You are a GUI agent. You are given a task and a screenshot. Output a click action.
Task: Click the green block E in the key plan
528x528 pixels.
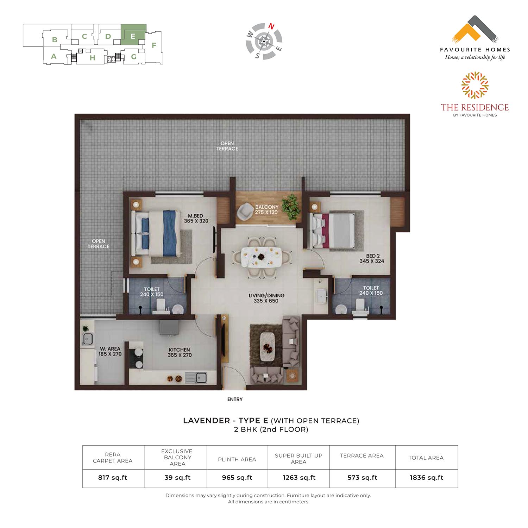pyautogui.click(x=133, y=34)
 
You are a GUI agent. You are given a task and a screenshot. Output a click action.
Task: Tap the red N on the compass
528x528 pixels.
pyautogui.click(x=271, y=26)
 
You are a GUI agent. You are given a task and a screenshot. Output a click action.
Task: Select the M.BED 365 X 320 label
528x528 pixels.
pyautogui.click(x=196, y=218)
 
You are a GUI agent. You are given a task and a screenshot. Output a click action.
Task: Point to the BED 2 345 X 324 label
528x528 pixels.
pyautogui.click(x=372, y=258)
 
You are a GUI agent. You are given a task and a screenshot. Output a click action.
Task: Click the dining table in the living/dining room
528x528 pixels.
pyautogui.click(x=262, y=257)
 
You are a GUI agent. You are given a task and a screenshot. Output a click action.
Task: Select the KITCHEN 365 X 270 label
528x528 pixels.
pyautogui.click(x=180, y=352)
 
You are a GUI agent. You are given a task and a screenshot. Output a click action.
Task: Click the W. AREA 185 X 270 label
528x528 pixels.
pyautogui.click(x=110, y=351)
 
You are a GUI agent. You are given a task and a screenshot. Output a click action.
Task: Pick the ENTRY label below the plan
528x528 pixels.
pyautogui.click(x=235, y=399)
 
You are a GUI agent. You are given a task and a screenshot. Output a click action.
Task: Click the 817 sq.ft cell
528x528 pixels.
pyautogui.click(x=113, y=478)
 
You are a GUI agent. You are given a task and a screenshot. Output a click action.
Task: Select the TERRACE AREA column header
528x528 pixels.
pyautogui.click(x=362, y=455)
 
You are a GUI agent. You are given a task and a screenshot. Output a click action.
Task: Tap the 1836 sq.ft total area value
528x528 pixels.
pyautogui.click(x=426, y=478)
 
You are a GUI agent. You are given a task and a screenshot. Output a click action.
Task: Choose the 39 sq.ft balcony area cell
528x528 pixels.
pyautogui.click(x=177, y=478)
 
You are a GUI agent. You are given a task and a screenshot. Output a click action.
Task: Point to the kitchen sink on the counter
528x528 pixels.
pyautogui.click(x=196, y=378)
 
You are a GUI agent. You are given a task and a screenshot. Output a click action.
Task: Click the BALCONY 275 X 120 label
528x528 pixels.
pyautogui.click(x=266, y=209)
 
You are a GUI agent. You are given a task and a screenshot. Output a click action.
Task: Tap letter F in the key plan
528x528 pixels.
pyautogui.click(x=154, y=45)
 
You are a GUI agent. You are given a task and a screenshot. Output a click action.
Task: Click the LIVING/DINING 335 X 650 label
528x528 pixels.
pyautogui.click(x=266, y=298)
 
